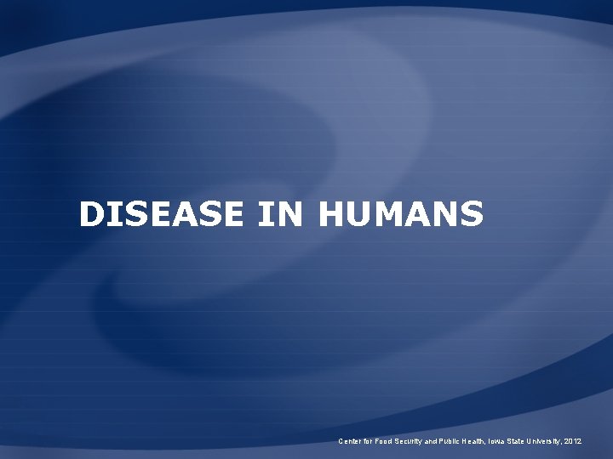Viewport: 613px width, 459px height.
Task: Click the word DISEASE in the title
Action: click(163, 215)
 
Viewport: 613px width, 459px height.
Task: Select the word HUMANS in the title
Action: click(403, 215)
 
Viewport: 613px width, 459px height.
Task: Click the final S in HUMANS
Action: click(472, 215)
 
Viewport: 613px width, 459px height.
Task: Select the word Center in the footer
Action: click(349, 442)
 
